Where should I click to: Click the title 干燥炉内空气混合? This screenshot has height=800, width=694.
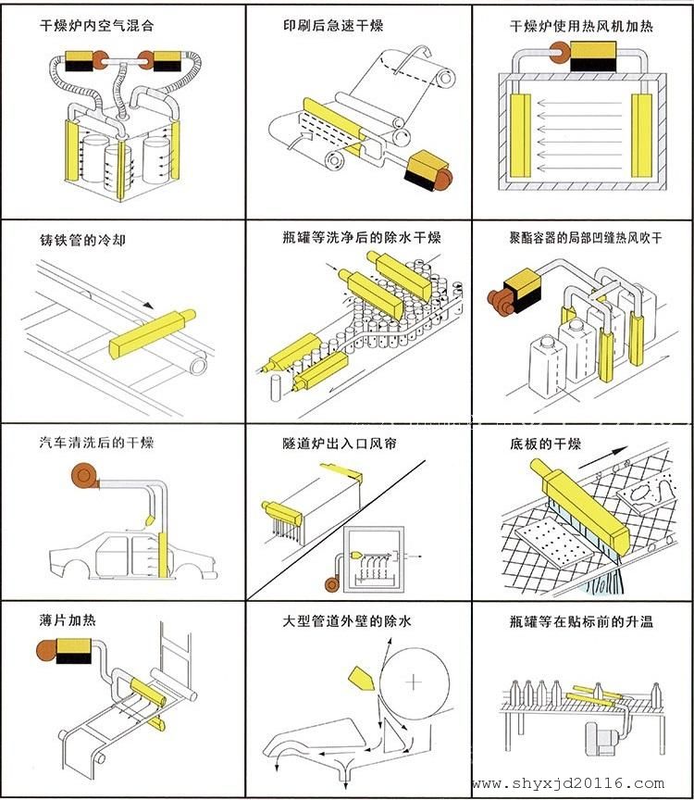click(x=97, y=27)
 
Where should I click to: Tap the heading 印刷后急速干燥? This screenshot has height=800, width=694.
click(x=332, y=26)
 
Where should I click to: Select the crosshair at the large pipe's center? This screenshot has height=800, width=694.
click(x=413, y=682)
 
